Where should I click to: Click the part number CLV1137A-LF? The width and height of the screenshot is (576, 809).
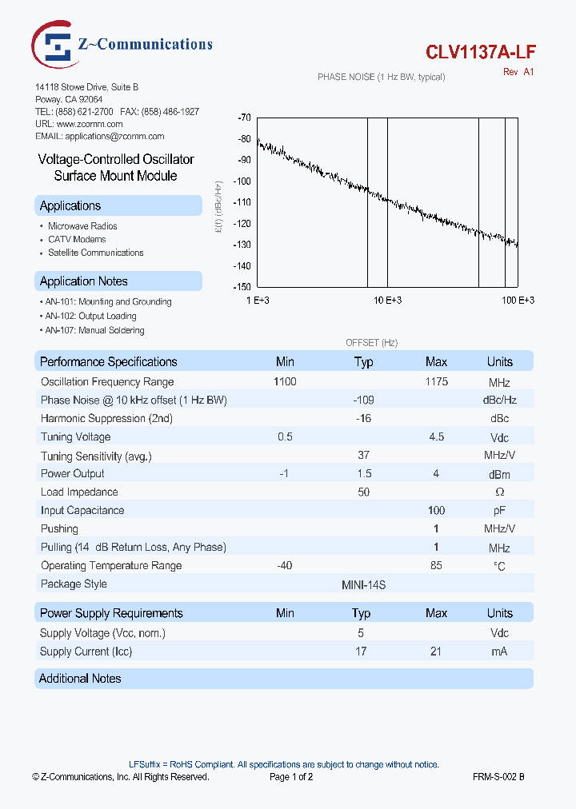480,52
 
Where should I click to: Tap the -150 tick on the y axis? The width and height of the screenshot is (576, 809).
243,286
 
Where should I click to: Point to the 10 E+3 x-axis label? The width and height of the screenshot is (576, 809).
387,300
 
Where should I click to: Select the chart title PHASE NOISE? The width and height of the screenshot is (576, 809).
381,77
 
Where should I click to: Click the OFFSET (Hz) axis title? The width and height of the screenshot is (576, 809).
371,342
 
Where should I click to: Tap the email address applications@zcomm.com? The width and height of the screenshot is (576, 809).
94,137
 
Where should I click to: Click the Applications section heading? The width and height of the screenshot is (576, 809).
70,206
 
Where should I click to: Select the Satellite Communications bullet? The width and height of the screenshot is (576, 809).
96,253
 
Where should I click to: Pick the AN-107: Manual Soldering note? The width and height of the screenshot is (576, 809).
94,330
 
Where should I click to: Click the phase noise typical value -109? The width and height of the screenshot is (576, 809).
363,400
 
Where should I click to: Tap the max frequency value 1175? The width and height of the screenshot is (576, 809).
436,381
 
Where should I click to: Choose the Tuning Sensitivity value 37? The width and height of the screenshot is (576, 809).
363,455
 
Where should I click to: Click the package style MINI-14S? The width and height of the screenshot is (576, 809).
363,584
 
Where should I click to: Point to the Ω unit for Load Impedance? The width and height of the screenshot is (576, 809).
499,492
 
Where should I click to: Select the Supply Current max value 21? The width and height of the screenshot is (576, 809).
436,652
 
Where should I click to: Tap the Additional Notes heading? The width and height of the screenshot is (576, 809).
81,679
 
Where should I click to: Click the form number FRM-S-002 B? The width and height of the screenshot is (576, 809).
498,776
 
